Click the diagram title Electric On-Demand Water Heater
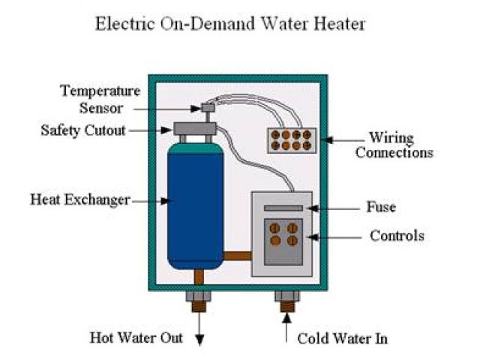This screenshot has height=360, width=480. point(229,25)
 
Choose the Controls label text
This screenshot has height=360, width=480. point(397,236)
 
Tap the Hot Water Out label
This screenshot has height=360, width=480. point(136,337)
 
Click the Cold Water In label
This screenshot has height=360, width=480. point(343,338)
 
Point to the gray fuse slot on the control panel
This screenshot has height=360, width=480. point(283,208)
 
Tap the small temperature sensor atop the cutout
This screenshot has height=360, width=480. point(208,109)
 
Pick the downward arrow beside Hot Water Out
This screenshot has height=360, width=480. point(199,330)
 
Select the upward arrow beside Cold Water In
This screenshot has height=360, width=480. point(287,328)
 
